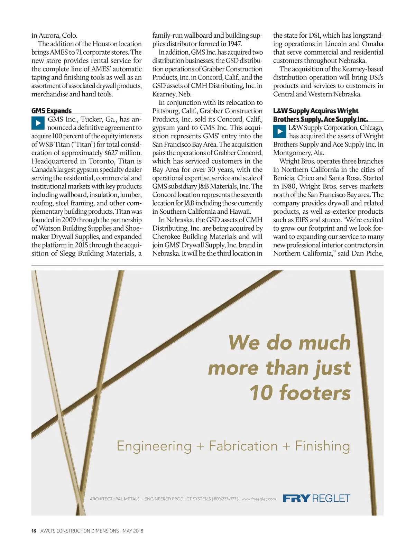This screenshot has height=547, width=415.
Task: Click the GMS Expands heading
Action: point(51,111)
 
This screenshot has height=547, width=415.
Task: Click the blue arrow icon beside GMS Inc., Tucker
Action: point(38,123)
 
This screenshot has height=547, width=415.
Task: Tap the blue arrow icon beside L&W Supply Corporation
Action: point(280,131)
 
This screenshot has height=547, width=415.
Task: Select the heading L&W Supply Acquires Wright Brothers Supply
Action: point(320,115)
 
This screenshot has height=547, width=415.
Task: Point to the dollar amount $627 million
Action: point(123,153)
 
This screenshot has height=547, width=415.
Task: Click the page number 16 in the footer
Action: point(34,531)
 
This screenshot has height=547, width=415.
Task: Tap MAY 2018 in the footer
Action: point(133,531)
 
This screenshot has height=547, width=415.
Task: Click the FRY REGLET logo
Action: point(316,498)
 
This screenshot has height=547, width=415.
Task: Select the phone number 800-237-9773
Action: point(226,499)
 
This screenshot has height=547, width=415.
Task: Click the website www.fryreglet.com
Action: point(259,499)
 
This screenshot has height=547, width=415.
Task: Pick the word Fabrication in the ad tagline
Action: point(243,446)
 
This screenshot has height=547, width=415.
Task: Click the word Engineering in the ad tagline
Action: point(154,446)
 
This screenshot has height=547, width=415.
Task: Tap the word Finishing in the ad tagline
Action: point(322,446)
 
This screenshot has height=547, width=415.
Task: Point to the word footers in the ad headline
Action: point(315,393)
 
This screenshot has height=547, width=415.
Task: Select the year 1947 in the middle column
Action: point(235,44)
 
